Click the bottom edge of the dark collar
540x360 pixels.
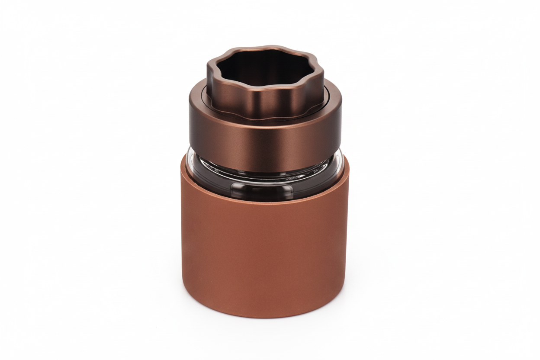[265, 171]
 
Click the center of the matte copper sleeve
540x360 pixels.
[265, 255]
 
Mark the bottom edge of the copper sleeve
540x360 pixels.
[265, 317]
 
